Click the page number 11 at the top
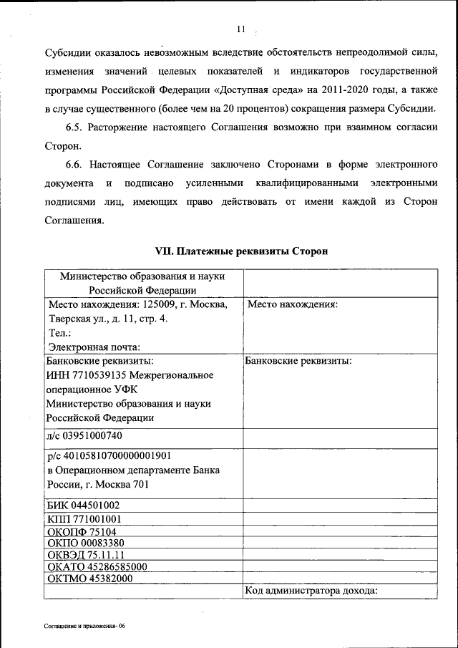240,29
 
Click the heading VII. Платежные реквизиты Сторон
242,251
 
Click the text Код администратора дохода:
311,591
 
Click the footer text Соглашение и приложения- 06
84,625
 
